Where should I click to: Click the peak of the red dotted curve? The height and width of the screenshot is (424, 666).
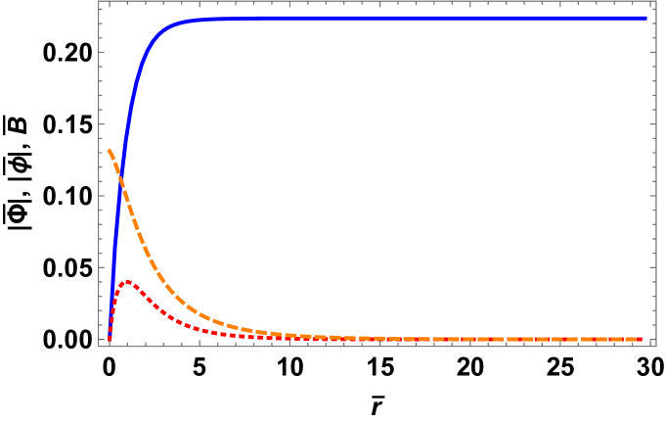click(126, 281)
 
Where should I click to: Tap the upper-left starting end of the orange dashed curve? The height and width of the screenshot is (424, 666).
click(109, 150)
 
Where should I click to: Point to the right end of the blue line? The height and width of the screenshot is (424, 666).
click(645, 18)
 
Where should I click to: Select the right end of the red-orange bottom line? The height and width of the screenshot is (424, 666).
click(642, 339)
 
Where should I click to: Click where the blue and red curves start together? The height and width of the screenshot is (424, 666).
click(109, 340)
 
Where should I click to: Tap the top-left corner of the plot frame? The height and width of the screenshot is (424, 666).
click(99, 1)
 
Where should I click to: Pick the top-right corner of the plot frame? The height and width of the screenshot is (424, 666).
click(655, 1)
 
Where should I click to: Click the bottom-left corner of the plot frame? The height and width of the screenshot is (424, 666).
click(99, 347)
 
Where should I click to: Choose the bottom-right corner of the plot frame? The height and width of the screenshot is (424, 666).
click(655, 347)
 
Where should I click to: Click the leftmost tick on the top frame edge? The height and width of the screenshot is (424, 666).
click(109, 3)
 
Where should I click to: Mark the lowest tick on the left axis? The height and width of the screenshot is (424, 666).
click(101, 340)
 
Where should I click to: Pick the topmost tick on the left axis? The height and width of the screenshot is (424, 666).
click(101, 18)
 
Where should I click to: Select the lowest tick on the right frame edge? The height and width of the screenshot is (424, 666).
click(653, 340)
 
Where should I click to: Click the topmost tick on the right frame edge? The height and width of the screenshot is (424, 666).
click(653, 18)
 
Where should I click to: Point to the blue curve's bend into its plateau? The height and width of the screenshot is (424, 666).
click(161, 29)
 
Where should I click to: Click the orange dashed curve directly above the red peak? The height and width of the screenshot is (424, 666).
click(126, 201)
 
